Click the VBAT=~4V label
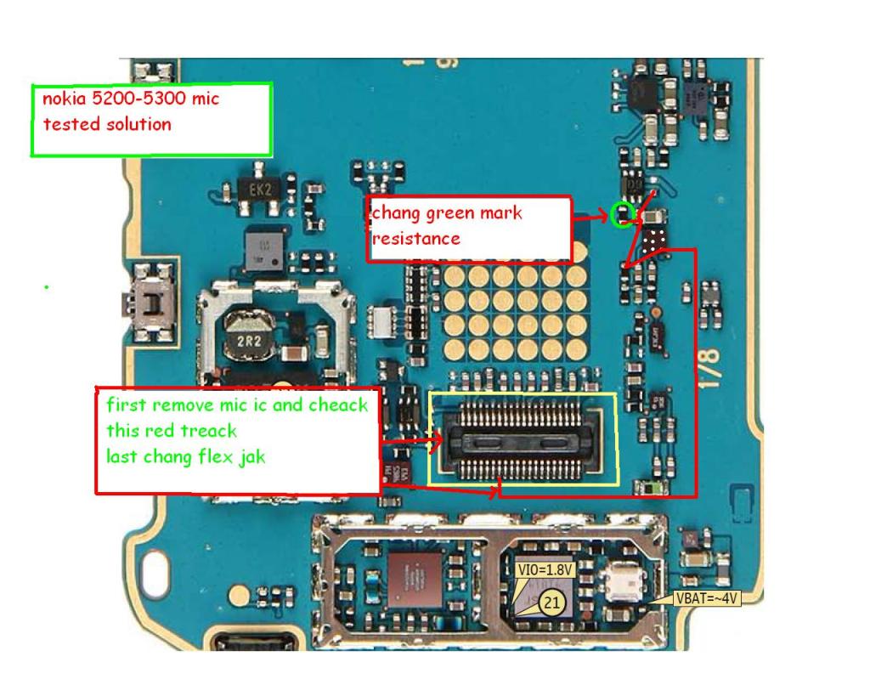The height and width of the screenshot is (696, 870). coord(707,598)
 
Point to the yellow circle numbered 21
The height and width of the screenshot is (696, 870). coord(551,603)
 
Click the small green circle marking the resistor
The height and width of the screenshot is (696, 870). coord(623,216)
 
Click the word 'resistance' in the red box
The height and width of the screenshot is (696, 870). coord(416,238)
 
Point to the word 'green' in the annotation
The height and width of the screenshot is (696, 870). coord(450,213)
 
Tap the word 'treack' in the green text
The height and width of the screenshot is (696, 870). coord(208,431)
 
